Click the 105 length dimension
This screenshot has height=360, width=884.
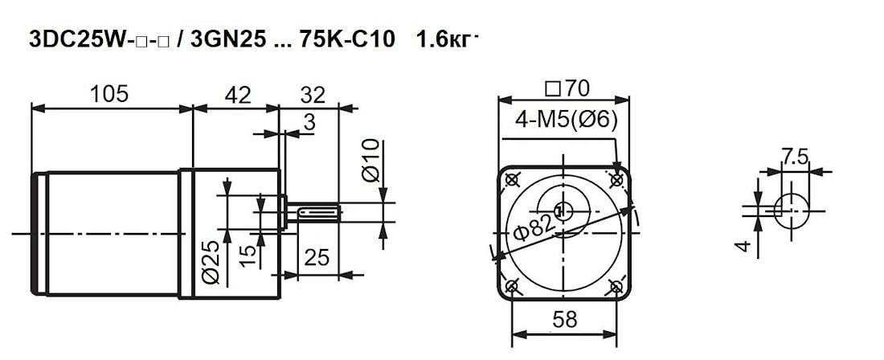tap(109, 94)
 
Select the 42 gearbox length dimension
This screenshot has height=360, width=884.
tap(237, 95)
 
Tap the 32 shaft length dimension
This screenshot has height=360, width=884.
tap(313, 95)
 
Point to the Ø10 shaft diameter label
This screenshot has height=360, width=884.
tap(371, 162)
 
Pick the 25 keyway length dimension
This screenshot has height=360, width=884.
tap(317, 257)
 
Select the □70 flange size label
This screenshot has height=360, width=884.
tap(567, 88)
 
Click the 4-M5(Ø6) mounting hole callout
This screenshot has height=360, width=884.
tap(566, 120)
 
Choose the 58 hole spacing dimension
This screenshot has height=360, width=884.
tap(564, 320)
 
